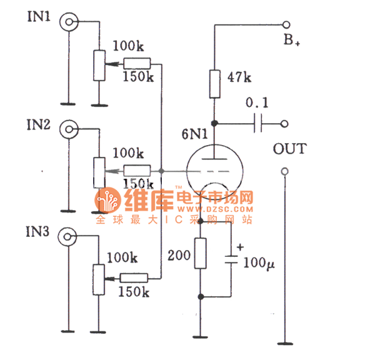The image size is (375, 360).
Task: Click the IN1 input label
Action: click(39, 16)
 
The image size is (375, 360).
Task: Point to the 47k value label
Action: click(239, 78)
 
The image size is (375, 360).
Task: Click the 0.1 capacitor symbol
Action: click(257, 124)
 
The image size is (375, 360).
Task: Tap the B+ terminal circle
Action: click(286, 25)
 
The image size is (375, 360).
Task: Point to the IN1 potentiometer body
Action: click(98, 65)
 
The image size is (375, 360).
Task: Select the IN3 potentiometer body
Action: click(97, 279)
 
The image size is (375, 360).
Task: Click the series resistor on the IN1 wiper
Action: click(137, 63)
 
